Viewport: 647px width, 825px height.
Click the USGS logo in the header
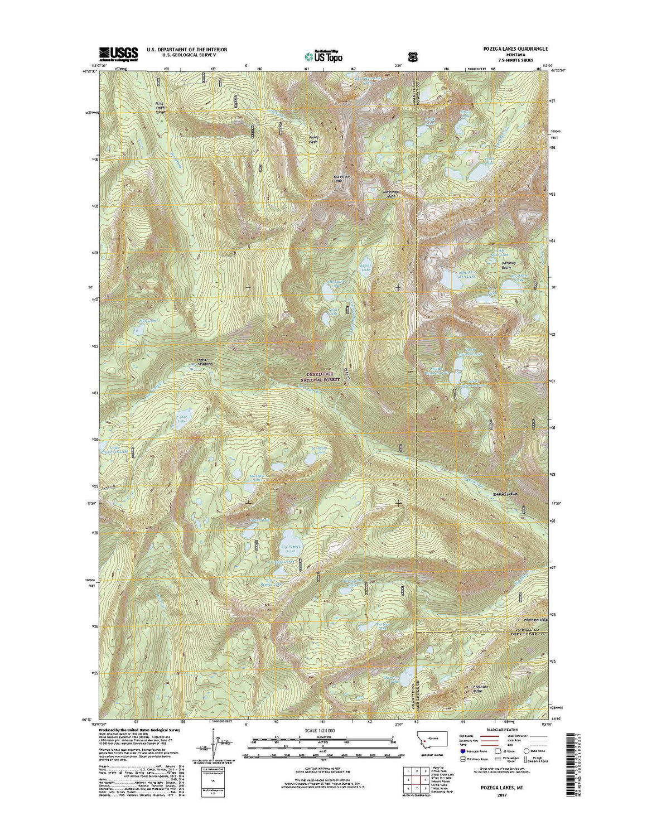pyautogui.click(x=118, y=53)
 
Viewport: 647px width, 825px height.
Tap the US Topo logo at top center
pyautogui.click(x=323, y=55)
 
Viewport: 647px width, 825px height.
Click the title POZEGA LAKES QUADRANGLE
pyautogui.click(x=505, y=49)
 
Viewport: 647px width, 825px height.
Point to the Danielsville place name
pyautogui.click(x=505, y=494)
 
